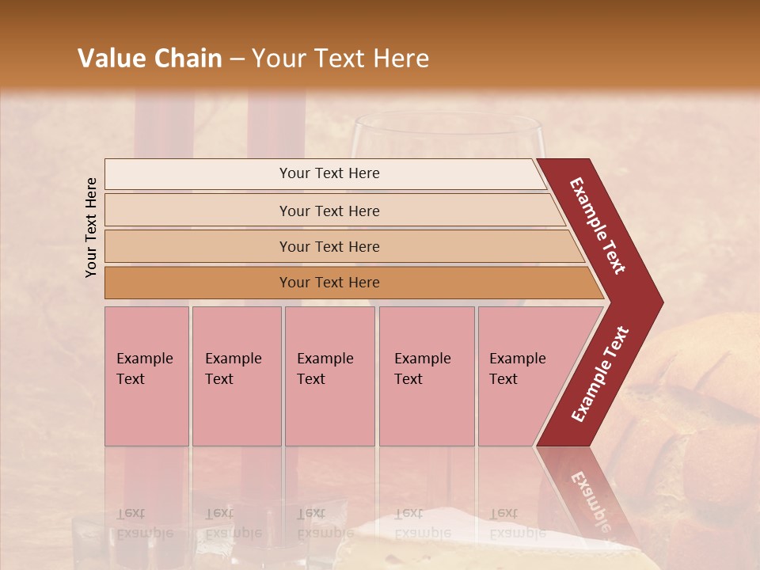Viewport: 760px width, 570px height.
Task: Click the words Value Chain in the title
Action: tap(150, 59)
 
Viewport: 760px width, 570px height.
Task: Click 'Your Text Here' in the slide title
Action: tap(340, 59)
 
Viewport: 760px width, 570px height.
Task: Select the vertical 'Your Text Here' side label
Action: tap(91, 227)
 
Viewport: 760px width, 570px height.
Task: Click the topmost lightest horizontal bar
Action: tap(329, 173)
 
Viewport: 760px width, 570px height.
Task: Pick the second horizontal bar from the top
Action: tap(329, 211)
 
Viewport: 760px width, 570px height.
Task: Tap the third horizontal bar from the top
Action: tap(329, 246)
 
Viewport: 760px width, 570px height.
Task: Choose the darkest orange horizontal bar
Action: tap(329, 283)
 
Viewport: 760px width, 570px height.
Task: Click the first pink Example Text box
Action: tap(146, 376)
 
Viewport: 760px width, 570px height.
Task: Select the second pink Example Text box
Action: tap(236, 376)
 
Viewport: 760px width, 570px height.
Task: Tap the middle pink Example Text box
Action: tap(329, 376)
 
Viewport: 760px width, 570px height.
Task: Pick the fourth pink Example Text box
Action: tap(426, 376)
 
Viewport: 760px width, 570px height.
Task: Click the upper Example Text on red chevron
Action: tap(598, 226)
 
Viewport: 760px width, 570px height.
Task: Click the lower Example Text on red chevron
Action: tap(600, 374)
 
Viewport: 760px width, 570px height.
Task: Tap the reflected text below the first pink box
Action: tap(144, 522)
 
